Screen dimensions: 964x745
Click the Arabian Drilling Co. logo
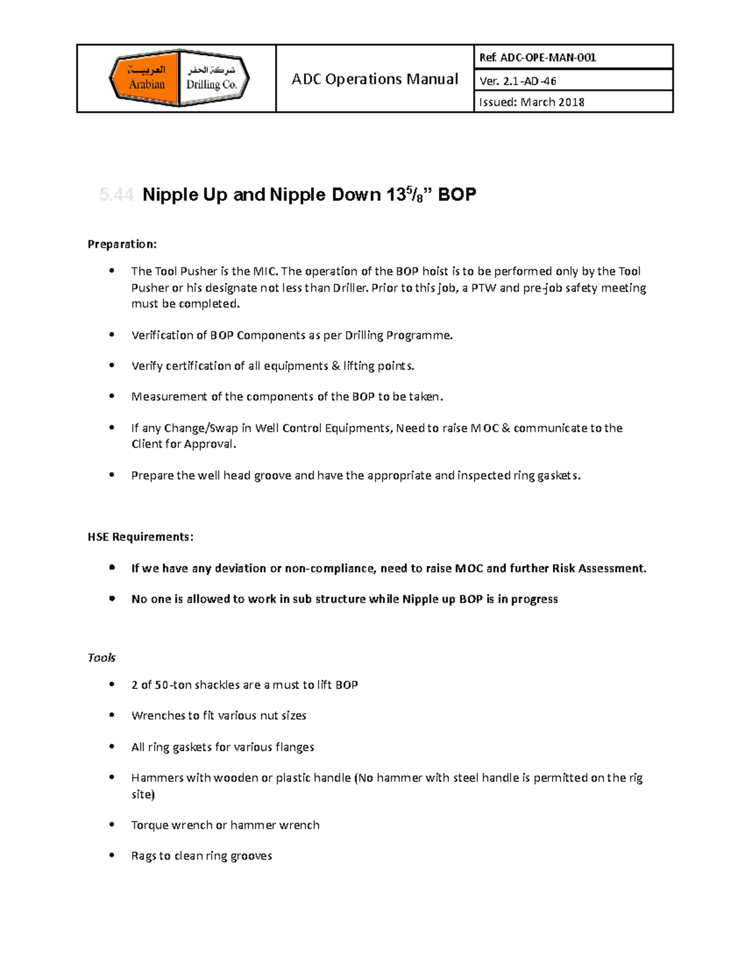click(x=179, y=78)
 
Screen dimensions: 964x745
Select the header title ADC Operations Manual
click(x=375, y=79)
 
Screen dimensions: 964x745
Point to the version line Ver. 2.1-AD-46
click(x=518, y=81)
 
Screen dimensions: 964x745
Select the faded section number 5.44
click(x=116, y=195)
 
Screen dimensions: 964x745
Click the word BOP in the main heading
click(x=457, y=195)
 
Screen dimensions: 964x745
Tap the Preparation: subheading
click(x=122, y=244)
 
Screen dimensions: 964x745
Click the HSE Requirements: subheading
click(x=140, y=537)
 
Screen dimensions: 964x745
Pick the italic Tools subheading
click(x=101, y=657)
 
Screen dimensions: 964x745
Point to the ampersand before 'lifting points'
click(x=335, y=366)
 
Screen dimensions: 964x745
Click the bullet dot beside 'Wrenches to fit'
click(x=112, y=715)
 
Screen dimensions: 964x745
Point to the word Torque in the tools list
click(x=149, y=825)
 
